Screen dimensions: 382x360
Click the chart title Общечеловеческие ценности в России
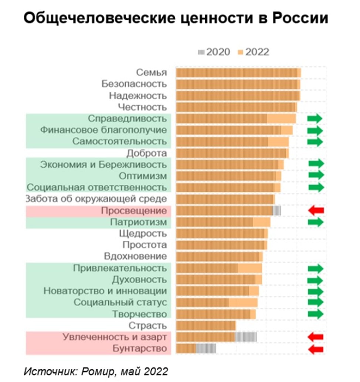pyautogui.click(x=176, y=18)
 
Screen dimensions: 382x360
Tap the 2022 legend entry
pyautogui.click(x=254, y=52)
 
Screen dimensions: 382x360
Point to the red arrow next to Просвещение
pyautogui.click(x=316, y=210)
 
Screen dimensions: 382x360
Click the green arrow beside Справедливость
pyautogui.click(x=315, y=119)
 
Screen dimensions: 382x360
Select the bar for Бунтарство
pyautogui.click(x=196, y=349)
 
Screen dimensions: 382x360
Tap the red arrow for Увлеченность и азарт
pyautogui.click(x=316, y=337)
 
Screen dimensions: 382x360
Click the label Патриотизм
pyautogui.click(x=139, y=222)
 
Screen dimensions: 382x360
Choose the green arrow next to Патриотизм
pyautogui.click(x=315, y=222)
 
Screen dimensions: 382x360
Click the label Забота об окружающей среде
pyautogui.click(x=96, y=199)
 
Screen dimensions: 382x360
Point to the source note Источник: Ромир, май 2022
pyautogui.click(x=96, y=371)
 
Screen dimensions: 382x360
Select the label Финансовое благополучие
pyautogui.click(x=103, y=130)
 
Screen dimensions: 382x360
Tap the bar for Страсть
pyautogui.click(x=206, y=325)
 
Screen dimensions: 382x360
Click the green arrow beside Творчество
pyautogui.click(x=315, y=314)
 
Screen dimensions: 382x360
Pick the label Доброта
pyautogui.click(x=147, y=153)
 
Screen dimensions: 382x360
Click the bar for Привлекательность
pyautogui.click(x=219, y=268)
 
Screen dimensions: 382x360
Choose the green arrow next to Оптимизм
pyautogui.click(x=316, y=176)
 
